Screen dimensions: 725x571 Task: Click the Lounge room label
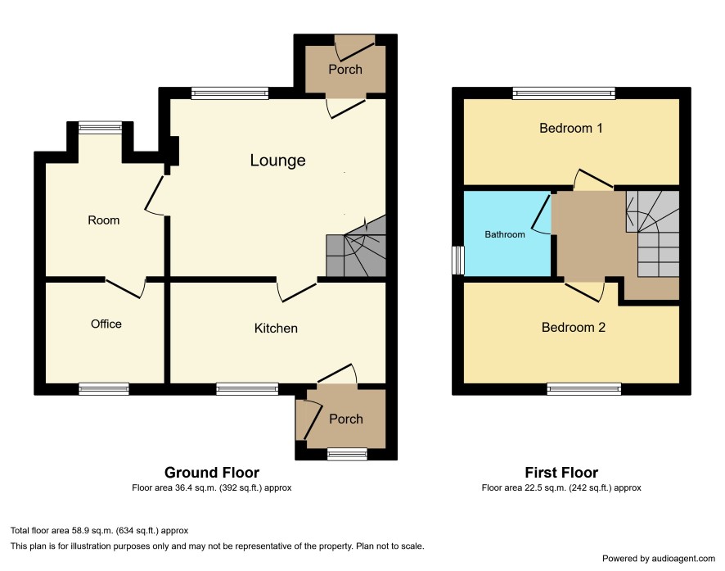pyautogui.click(x=277, y=161)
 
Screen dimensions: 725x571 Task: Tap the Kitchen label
pyautogui.click(x=276, y=328)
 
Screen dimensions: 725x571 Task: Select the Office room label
pyautogui.click(x=106, y=324)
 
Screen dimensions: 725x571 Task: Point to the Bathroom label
pyautogui.click(x=505, y=234)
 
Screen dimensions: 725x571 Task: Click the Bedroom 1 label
pyautogui.click(x=571, y=128)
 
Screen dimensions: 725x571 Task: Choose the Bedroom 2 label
pyautogui.click(x=574, y=328)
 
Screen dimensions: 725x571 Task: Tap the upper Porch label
pyautogui.click(x=345, y=70)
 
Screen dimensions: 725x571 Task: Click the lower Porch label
pyautogui.click(x=346, y=419)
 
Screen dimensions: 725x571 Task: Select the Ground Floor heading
pyautogui.click(x=212, y=473)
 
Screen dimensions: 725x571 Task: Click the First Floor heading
pyautogui.click(x=561, y=473)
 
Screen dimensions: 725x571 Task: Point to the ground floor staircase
pyautogui.click(x=356, y=251)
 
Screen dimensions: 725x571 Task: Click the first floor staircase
pyautogui.click(x=652, y=234)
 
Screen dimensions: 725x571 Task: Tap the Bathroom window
pyautogui.click(x=458, y=260)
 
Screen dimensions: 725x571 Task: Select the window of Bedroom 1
pyautogui.click(x=564, y=93)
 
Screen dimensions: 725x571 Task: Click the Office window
pyautogui.click(x=104, y=388)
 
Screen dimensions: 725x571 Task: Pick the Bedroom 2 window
pyautogui.click(x=584, y=389)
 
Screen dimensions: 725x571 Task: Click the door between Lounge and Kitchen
pyautogui.click(x=297, y=290)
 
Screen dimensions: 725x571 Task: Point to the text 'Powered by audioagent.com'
pyautogui.click(x=659, y=559)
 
